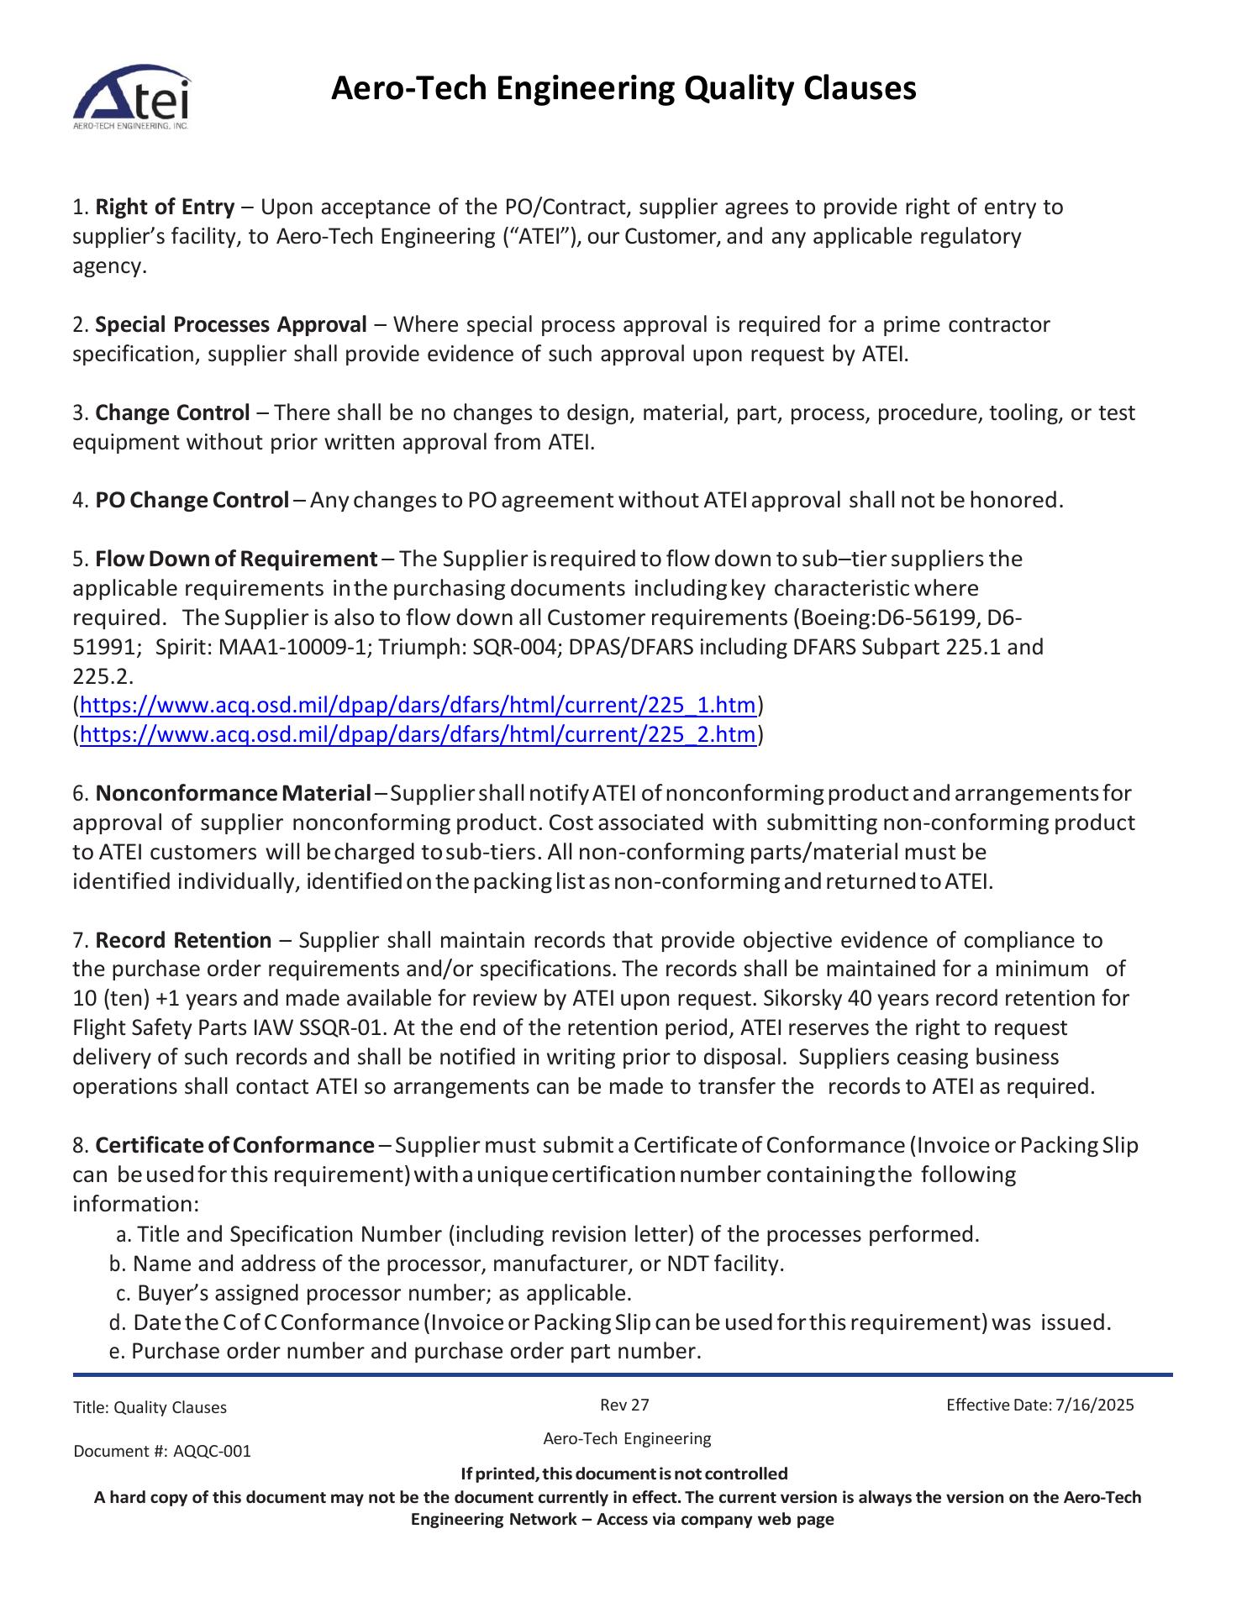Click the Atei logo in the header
tap(132, 97)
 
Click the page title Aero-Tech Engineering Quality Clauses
tap(623, 88)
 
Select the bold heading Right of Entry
tap(165, 207)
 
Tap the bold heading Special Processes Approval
tap(231, 324)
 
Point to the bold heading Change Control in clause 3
tap(172, 412)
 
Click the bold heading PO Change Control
tap(192, 501)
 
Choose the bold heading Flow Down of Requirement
tap(236, 559)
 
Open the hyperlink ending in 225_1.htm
tap(418, 705)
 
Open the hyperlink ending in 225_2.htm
tap(418, 735)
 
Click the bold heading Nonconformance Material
tap(233, 793)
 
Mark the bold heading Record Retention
tap(183, 940)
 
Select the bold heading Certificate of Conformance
tap(234, 1146)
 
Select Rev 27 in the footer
tap(624, 1405)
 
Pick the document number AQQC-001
tap(212, 1452)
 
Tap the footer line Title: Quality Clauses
tap(150, 1408)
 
